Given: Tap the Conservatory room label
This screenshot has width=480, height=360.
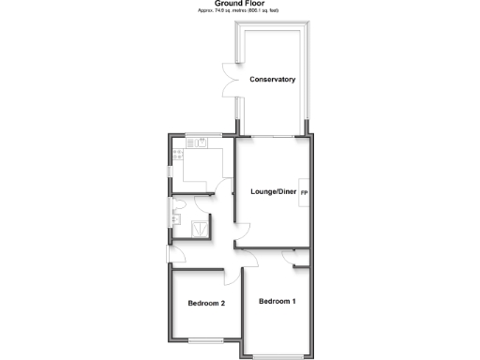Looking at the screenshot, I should pos(273,80).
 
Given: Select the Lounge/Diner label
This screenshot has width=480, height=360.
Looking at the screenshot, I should pos(273,192).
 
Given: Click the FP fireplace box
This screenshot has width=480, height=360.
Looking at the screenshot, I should pos(305,192).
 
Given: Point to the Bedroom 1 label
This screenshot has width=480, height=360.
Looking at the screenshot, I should pos(277,301).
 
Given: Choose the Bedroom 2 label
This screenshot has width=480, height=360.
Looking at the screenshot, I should pos(205,303).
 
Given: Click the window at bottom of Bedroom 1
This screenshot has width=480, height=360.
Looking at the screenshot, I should pos(279,356).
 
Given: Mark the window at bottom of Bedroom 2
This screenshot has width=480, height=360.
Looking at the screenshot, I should pos(206,338).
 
